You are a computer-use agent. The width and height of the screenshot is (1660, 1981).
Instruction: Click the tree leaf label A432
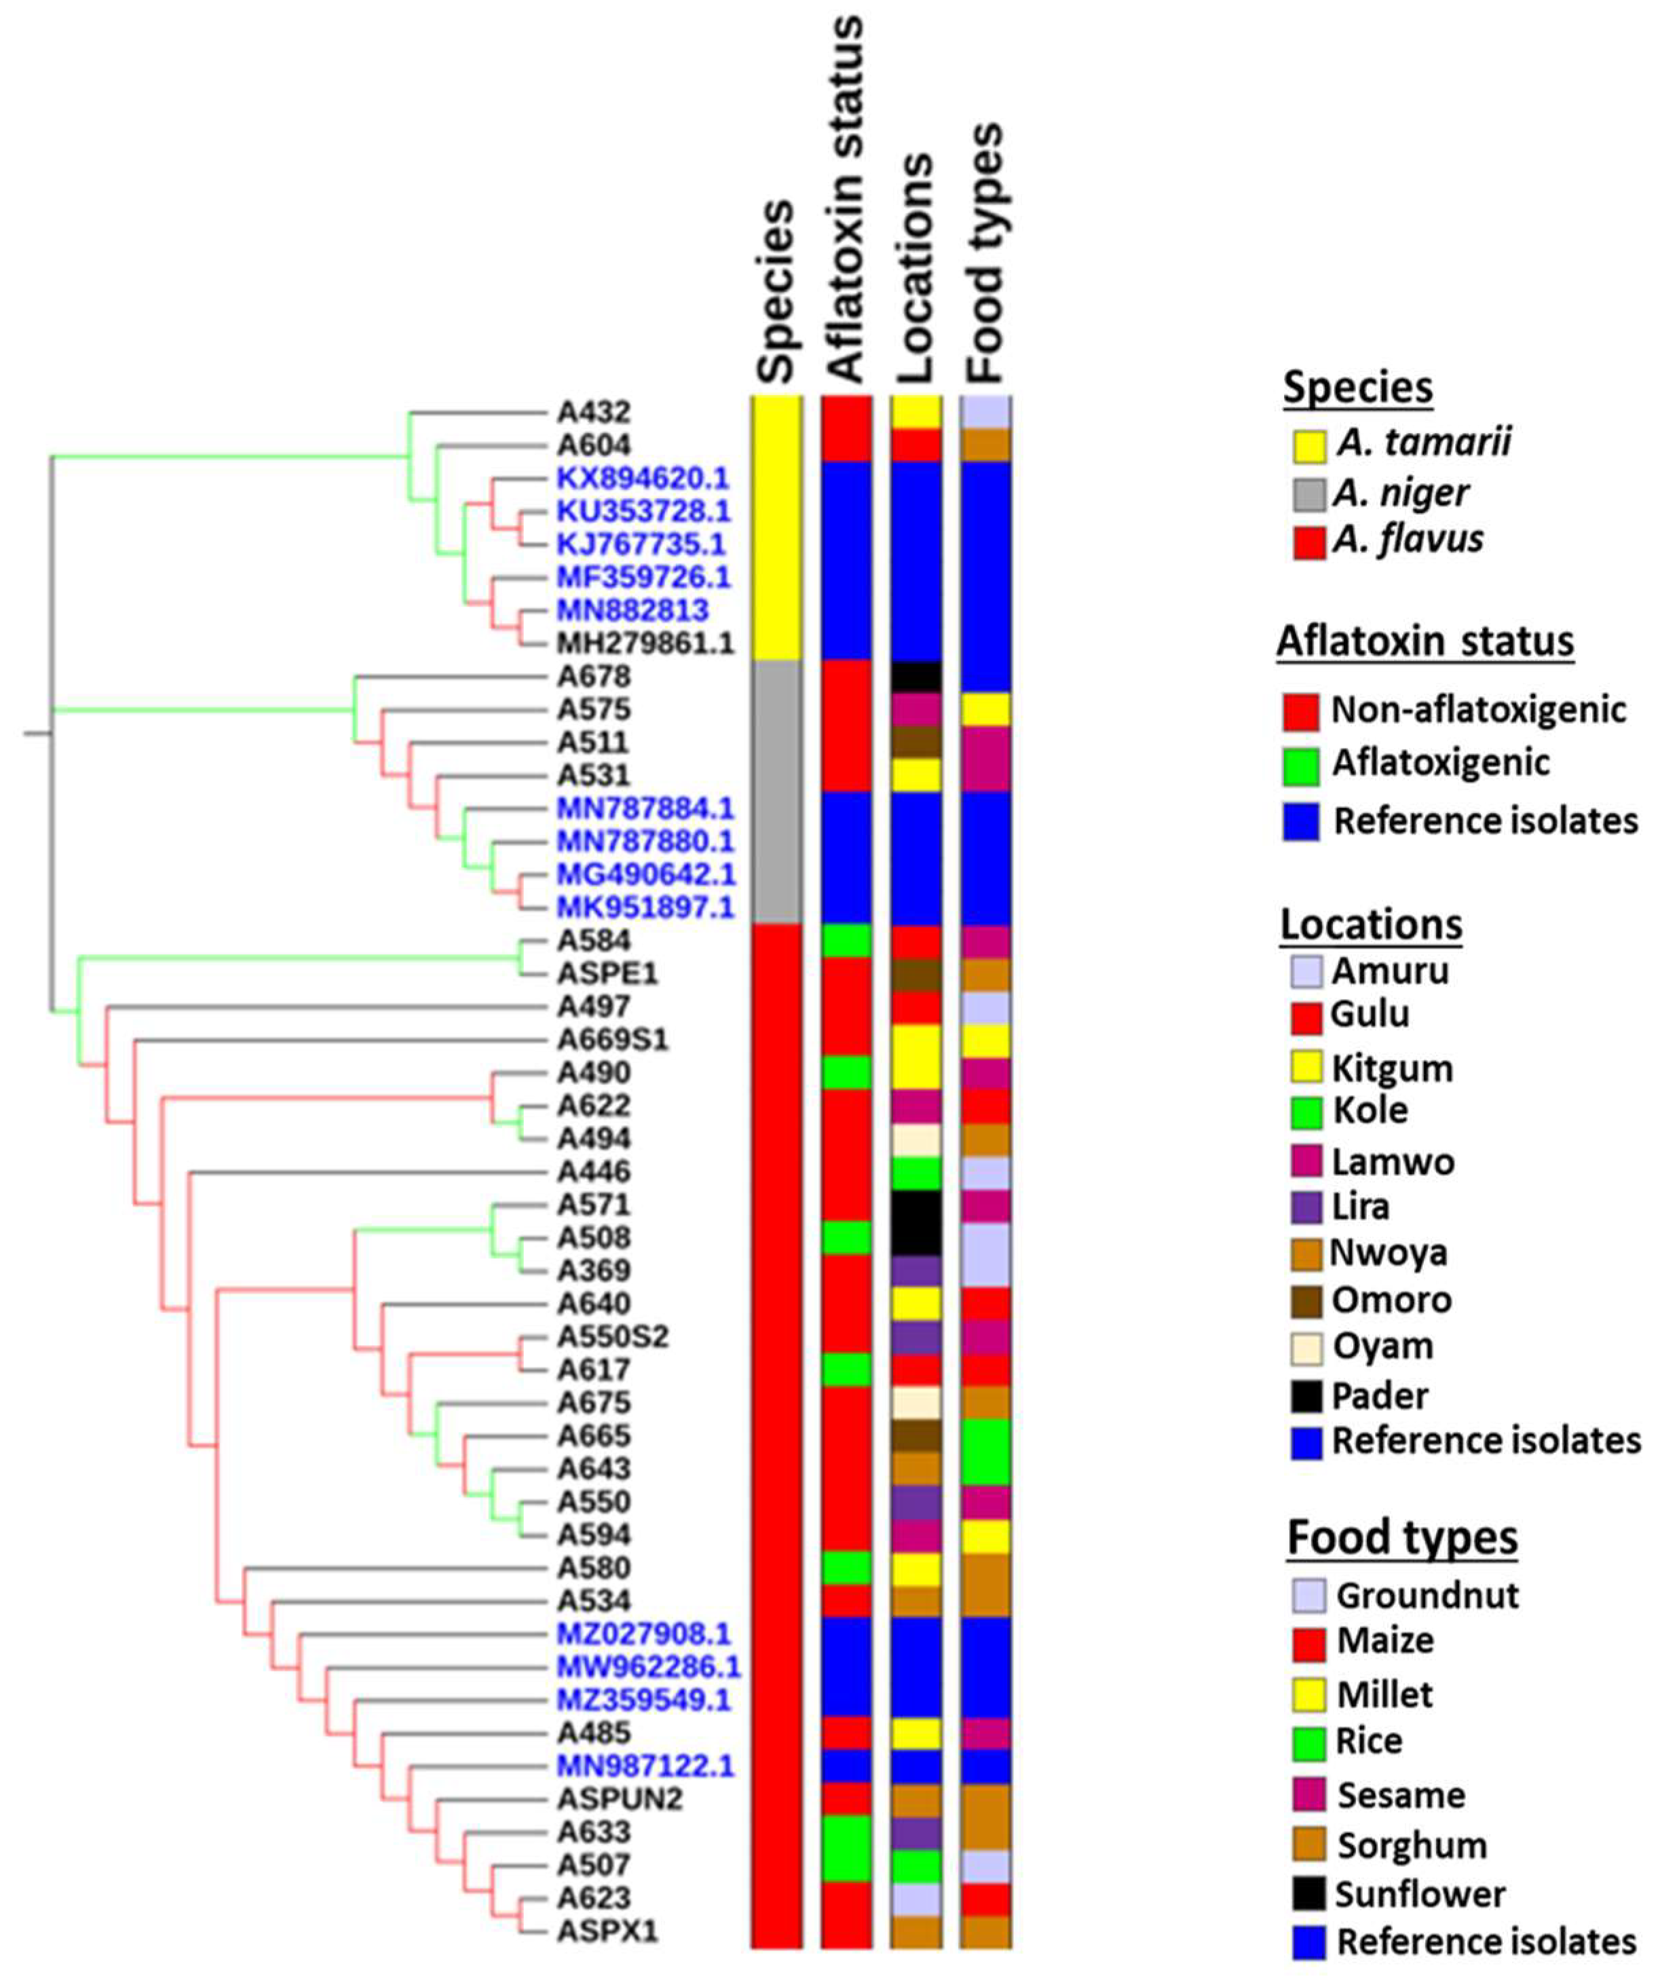[593, 412]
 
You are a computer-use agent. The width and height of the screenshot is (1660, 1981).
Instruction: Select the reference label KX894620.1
[642, 478]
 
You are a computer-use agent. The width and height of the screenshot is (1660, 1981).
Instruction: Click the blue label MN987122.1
[645, 1765]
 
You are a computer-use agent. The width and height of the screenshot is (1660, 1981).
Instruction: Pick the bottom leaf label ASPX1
[607, 1930]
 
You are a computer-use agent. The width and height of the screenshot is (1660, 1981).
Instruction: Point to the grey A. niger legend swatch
[1308, 493]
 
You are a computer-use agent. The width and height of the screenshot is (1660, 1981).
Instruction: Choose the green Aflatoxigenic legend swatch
[1300, 767]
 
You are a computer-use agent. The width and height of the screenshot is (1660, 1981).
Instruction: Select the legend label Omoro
[1391, 1300]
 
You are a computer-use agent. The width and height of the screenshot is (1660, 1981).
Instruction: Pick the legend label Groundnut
[1427, 1595]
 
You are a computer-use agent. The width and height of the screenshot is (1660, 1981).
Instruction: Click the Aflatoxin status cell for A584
[846, 941]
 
